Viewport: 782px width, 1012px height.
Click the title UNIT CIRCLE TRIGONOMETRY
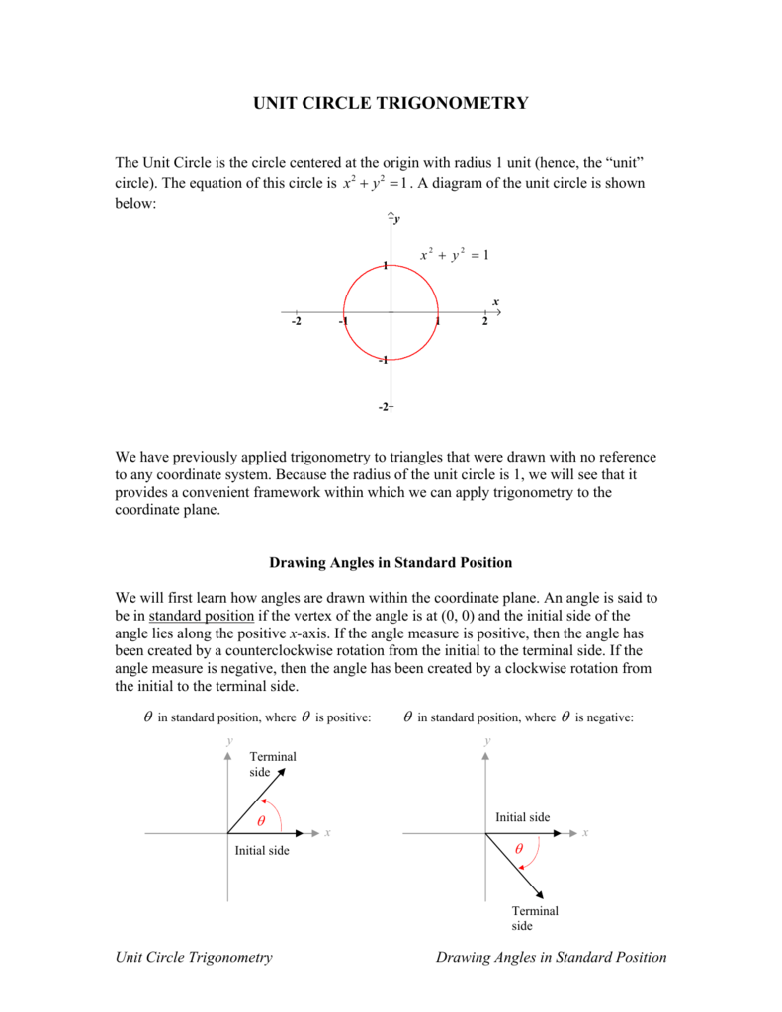point(391,103)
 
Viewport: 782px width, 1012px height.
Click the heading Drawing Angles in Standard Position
point(391,562)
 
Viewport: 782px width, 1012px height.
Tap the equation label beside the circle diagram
point(454,255)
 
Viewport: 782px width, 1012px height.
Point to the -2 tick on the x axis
point(297,322)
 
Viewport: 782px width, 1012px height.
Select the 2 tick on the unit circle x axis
point(484,322)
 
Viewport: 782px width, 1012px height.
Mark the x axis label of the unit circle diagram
point(495,301)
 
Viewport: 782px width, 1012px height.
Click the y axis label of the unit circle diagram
point(397,220)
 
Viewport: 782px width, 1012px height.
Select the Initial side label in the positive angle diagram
point(261,851)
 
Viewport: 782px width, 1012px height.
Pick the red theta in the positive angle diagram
point(261,822)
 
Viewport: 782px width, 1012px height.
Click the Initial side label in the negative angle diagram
point(522,817)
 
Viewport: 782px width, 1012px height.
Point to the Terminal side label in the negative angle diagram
point(535,918)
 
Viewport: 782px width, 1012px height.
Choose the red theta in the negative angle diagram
point(519,850)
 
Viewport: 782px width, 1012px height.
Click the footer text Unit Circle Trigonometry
point(194,957)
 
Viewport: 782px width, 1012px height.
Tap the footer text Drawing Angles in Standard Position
point(551,957)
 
